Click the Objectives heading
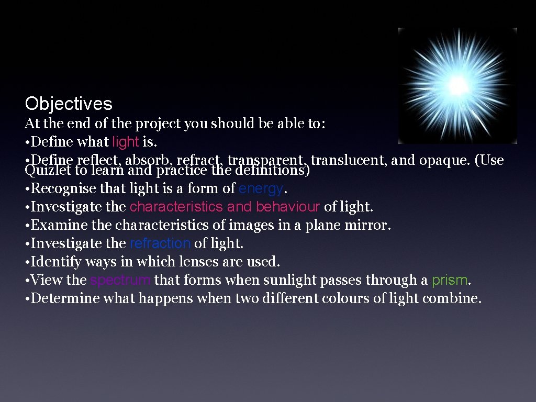pyautogui.click(x=69, y=104)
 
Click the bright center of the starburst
pyautogui.click(x=457, y=84)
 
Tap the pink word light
pyautogui.click(x=126, y=142)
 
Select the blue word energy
pyautogui.click(x=261, y=188)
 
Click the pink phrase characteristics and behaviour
pyautogui.click(x=225, y=207)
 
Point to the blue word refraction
pyautogui.click(x=160, y=243)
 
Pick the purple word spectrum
pyautogui.click(x=120, y=280)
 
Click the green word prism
pyautogui.click(x=449, y=280)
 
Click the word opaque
pyautogui.click(x=444, y=160)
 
